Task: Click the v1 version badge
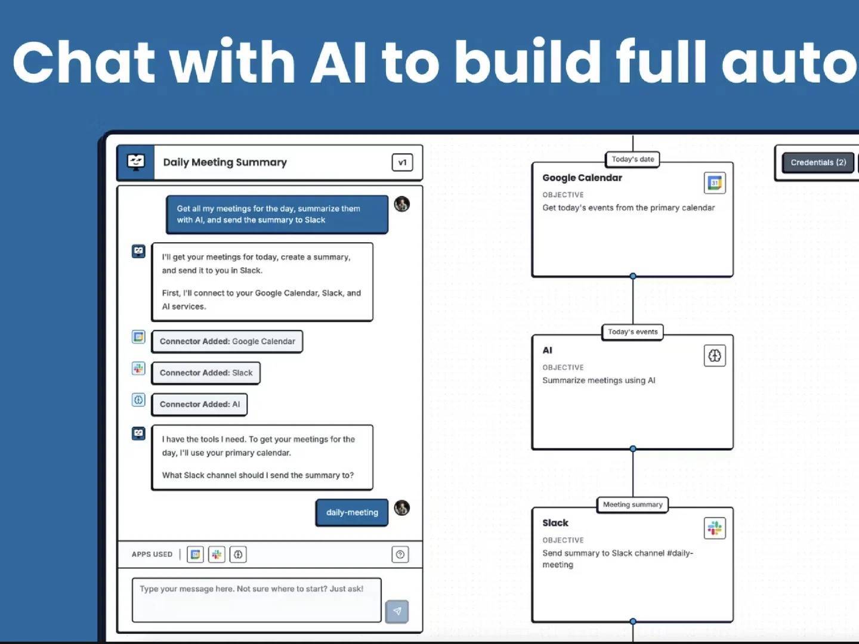[x=402, y=162]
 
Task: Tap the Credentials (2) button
[x=818, y=162]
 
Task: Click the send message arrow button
[x=397, y=611]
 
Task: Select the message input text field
[x=257, y=599]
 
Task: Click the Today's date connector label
[x=632, y=159]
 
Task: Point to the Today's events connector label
[x=632, y=332]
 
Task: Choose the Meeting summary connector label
[x=632, y=504]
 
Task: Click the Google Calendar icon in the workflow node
[x=715, y=183]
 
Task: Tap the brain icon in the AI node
[x=715, y=356]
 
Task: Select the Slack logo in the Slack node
[x=715, y=528]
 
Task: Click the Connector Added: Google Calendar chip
[x=227, y=342]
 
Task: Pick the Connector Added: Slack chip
[x=206, y=373]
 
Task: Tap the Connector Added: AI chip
[x=199, y=404]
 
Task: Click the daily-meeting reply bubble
[x=352, y=512]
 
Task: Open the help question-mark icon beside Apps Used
[x=400, y=555]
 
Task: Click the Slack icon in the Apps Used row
[x=217, y=555]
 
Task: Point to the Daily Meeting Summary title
[x=225, y=162]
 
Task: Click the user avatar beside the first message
[x=402, y=204]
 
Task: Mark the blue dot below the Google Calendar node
[x=633, y=276]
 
